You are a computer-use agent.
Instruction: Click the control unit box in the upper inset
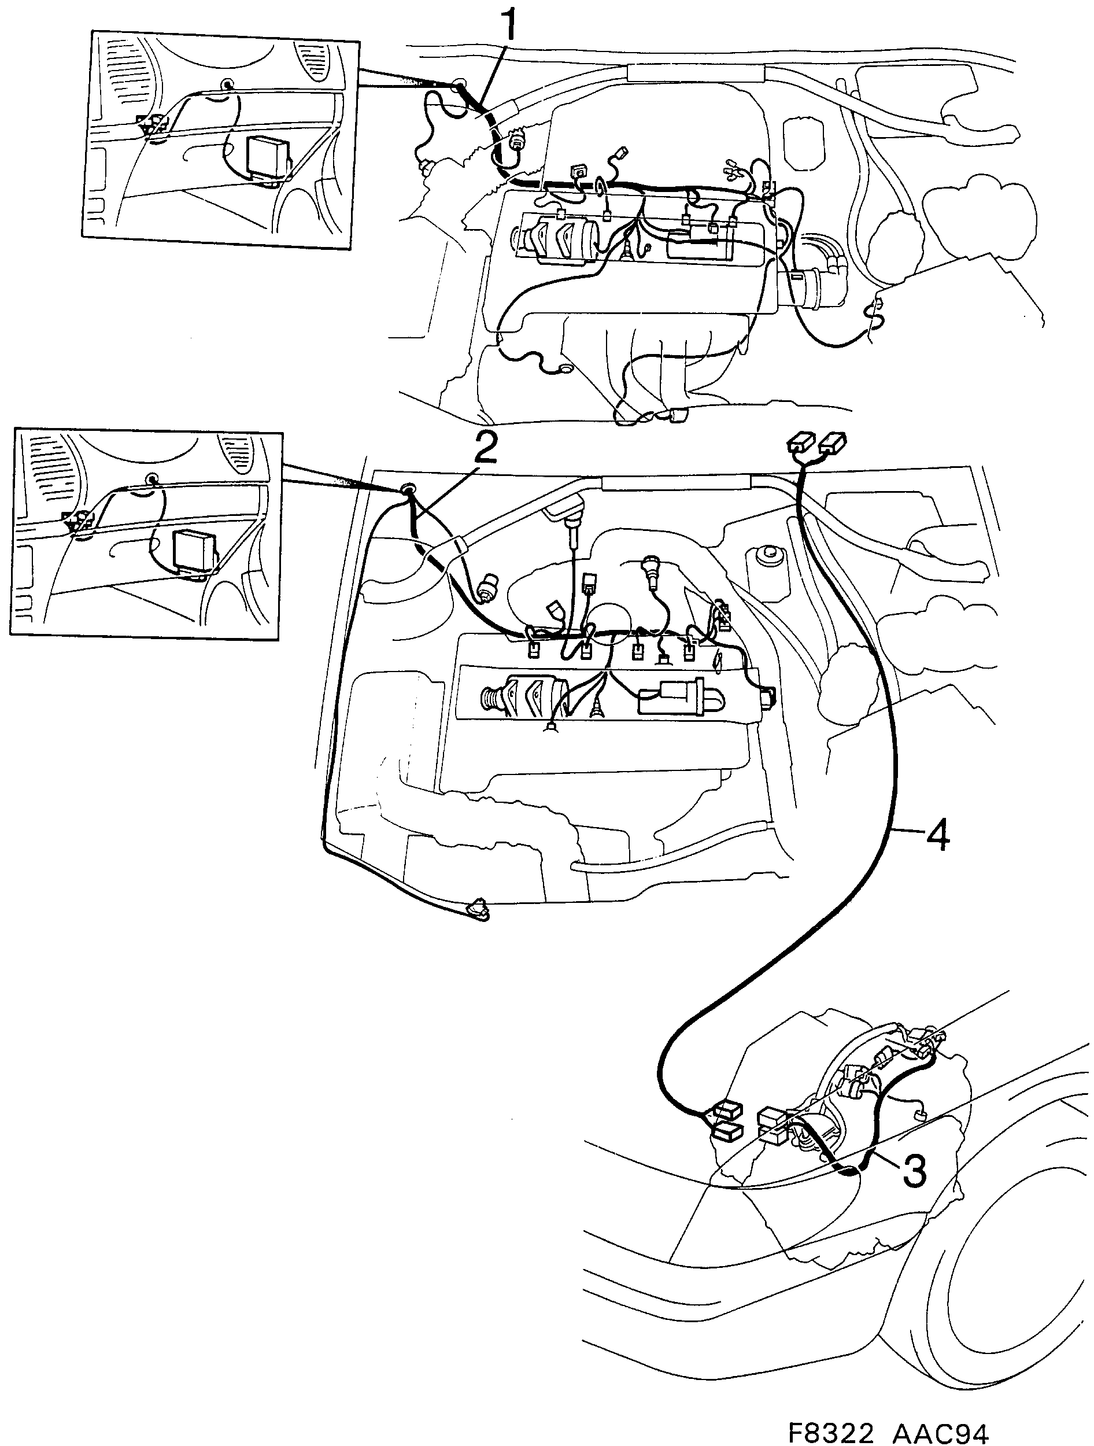(x=265, y=157)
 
